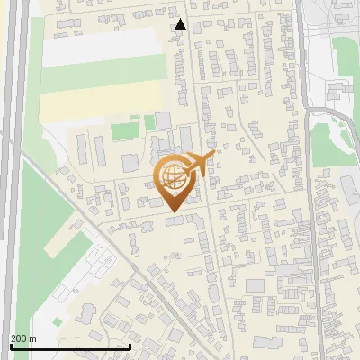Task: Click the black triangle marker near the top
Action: (x=180, y=24)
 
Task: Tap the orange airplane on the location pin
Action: (x=199, y=163)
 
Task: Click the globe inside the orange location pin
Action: (x=172, y=177)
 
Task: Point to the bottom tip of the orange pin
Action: (x=172, y=212)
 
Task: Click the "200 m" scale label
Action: (x=23, y=338)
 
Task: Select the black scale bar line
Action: (x=70, y=346)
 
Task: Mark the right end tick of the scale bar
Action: (x=130, y=345)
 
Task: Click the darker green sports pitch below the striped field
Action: (x=125, y=131)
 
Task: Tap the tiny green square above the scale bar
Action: (x=58, y=321)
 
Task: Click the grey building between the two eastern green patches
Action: (x=337, y=90)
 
